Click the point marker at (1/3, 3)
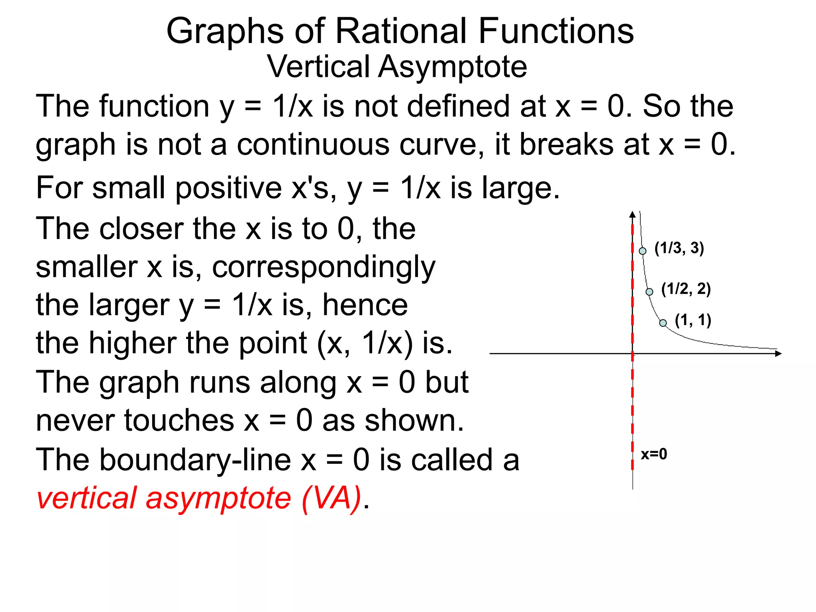click(642, 251)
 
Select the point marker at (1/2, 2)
click(649, 292)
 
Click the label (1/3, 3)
click(679, 248)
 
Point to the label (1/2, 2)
click(686, 289)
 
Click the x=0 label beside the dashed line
click(653, 454)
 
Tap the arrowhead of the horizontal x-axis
click(779, 353)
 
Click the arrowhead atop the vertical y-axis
click(632, 215)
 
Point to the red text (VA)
click(331, 498)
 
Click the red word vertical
click(86, 498)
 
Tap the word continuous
click(313, 144)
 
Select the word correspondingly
click(324, 267)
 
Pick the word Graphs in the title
click(225, 32)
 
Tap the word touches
click(179, 420)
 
